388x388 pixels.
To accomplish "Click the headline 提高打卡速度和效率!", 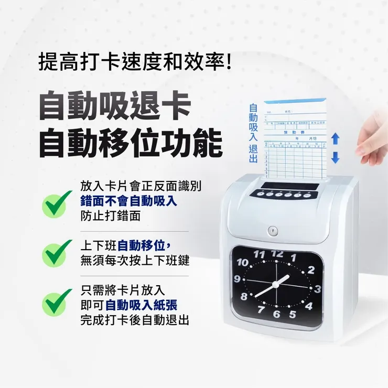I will [x=135, y=62].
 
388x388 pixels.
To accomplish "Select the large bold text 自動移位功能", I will [x=131, y=142].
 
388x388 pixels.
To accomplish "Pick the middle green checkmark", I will [x=57, y=253].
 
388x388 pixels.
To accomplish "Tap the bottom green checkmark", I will [x=57, y=303].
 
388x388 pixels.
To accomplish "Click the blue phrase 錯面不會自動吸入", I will [x=129, y=201].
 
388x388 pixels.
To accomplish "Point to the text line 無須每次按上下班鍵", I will [x=135, y=260].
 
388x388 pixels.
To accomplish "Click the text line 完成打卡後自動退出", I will [x=135, y=319].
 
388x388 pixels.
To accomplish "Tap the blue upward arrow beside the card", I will [x=336, y=138].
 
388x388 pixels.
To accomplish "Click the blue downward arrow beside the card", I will [x=336, y=157].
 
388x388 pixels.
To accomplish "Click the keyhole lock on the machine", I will [x=272, y=231].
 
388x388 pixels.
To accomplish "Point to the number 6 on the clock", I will [x=277, y=315].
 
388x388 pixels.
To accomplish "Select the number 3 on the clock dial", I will [x=317, y=289].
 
